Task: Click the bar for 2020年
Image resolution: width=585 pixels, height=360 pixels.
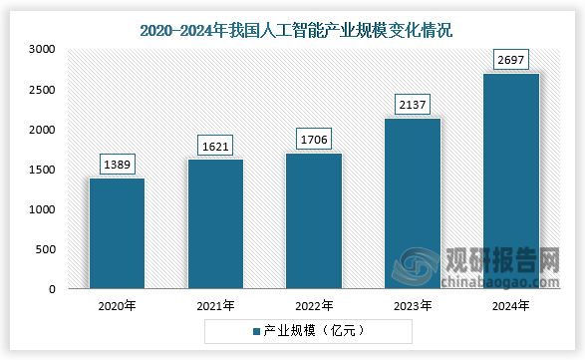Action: (x=117, y=233)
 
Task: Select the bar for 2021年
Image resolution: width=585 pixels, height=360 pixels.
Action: (x=215, y=224)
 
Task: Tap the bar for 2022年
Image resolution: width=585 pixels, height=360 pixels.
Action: (x=314, y=220)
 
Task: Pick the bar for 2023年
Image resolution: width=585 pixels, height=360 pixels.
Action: (x=413, y=203)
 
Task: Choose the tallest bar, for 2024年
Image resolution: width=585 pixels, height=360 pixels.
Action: (x=511, y=180)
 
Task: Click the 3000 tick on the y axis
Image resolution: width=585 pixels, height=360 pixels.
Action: (x=43, y=49)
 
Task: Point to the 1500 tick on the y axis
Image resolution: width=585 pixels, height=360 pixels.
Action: (x=43, y=170)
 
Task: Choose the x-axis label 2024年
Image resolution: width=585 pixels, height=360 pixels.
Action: (x=511, y=304)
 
